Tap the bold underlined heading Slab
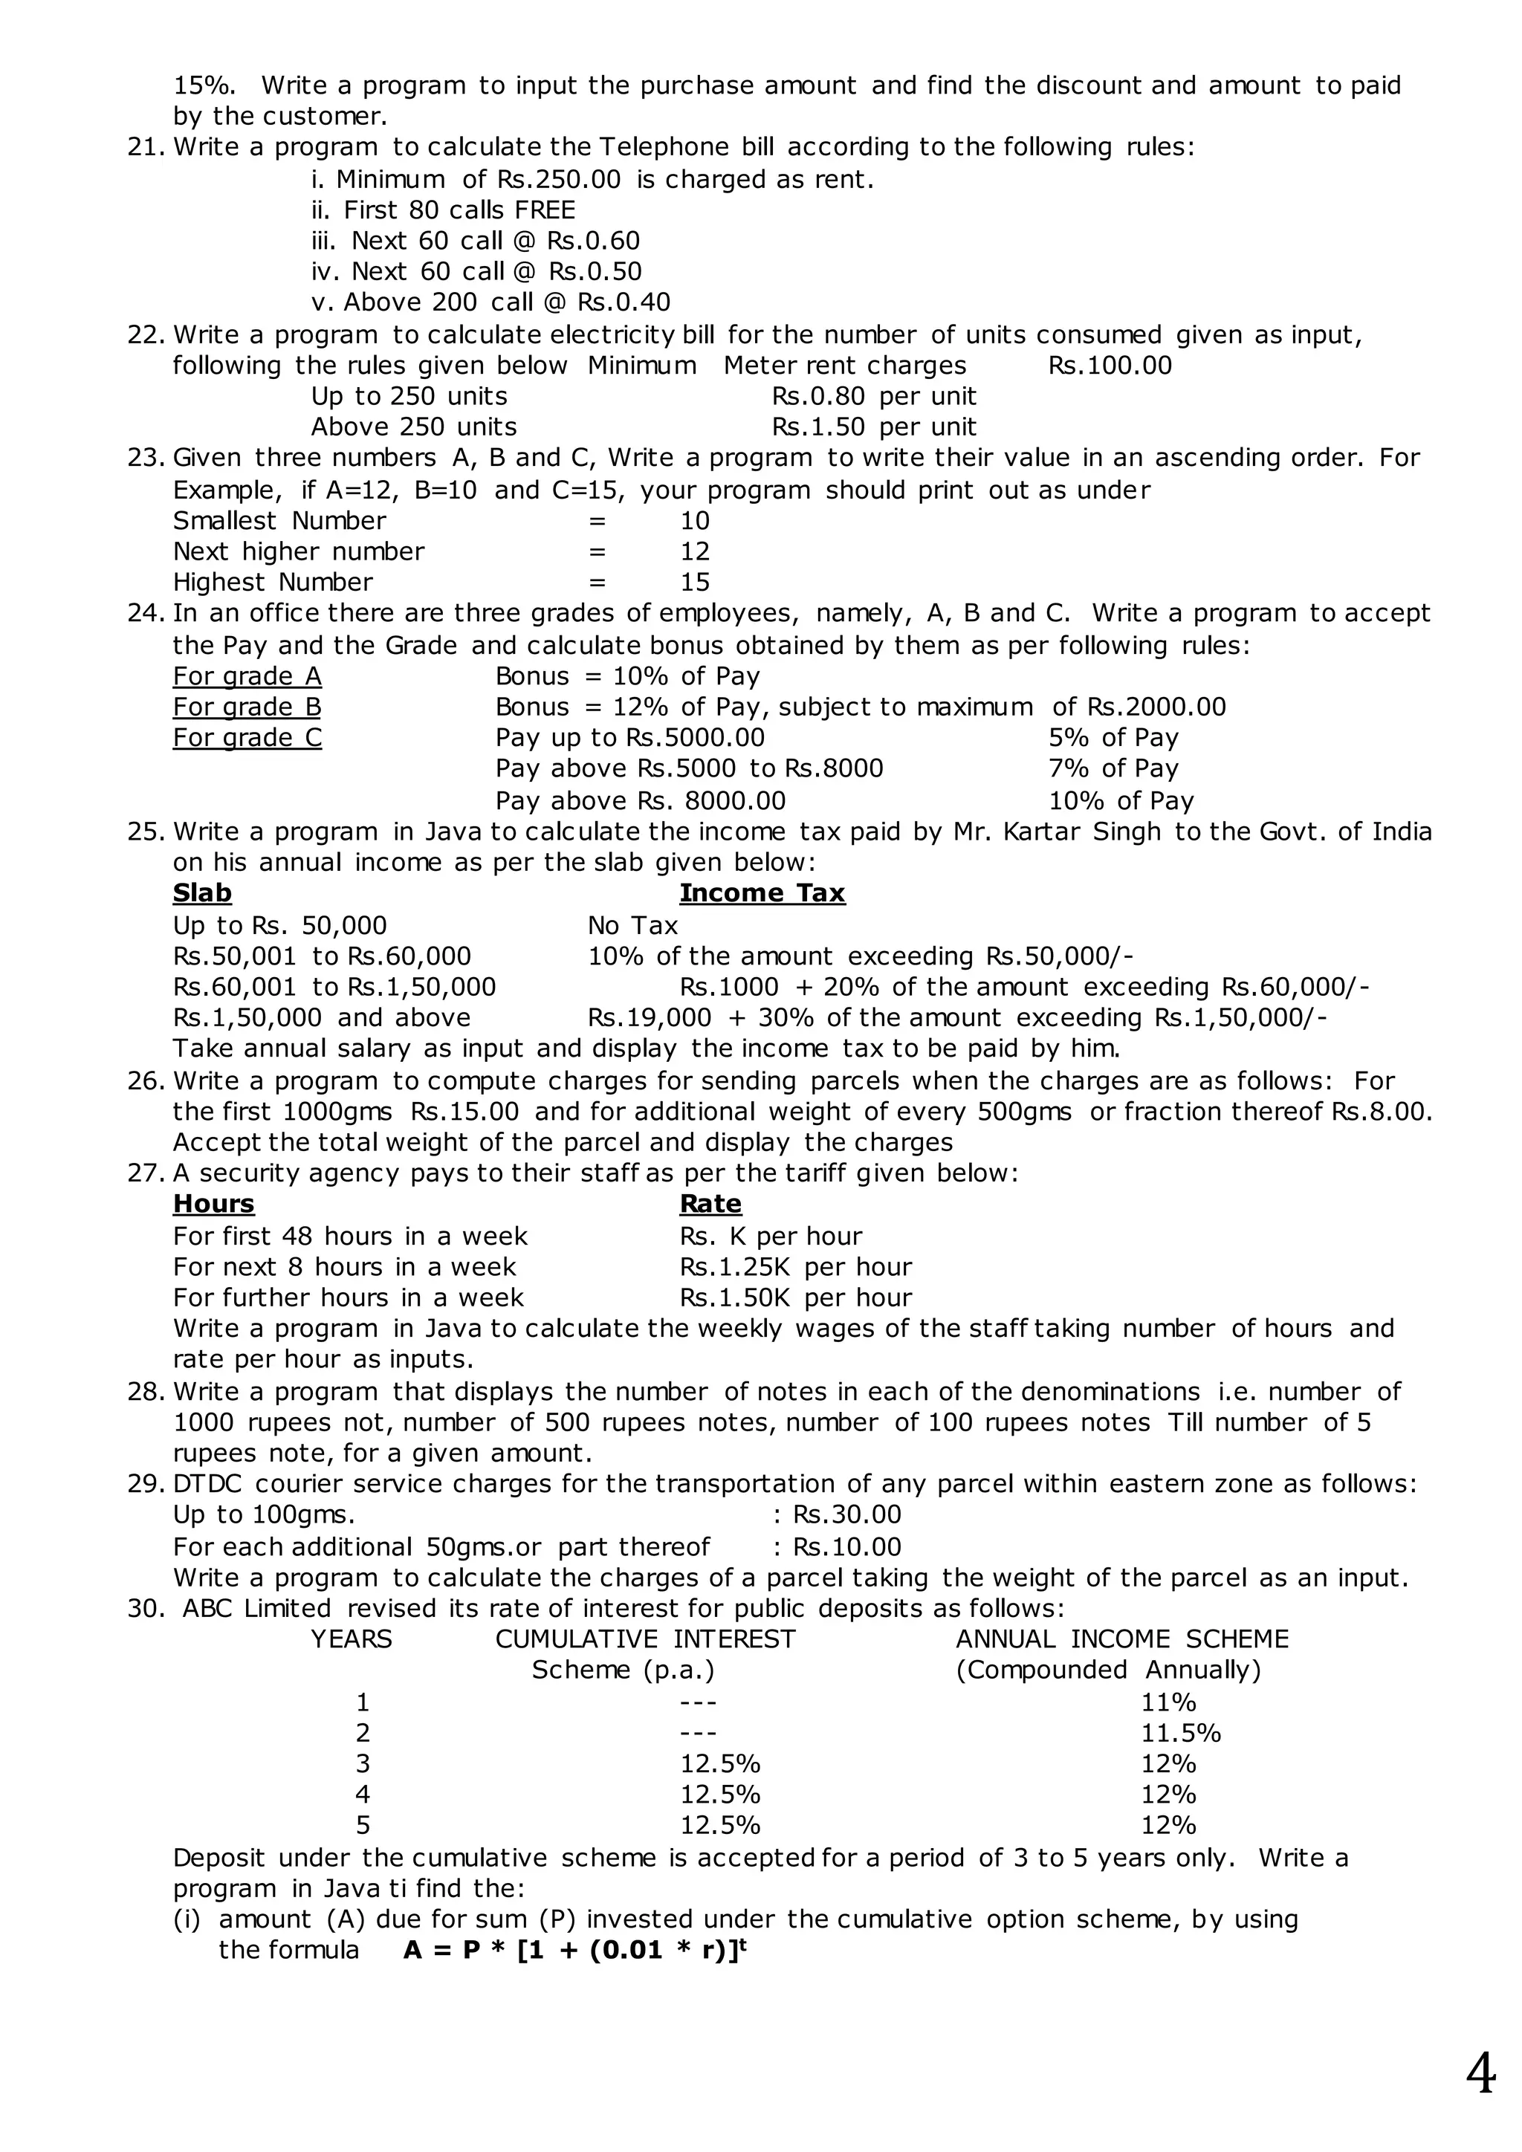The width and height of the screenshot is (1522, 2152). coord(201,893)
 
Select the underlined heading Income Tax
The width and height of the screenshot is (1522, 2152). coord(762,893)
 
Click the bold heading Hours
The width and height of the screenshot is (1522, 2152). coord(214,1205)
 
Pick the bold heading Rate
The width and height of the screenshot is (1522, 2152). coord(710,1205)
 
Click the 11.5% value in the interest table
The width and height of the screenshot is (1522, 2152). coord(1181,1733)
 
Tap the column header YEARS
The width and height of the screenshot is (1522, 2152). coord(352,1639)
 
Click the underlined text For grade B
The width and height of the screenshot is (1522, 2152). coord(247,707)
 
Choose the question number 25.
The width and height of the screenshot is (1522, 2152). coord(145,832)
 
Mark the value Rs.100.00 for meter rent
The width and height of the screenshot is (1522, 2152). coord(1110,366)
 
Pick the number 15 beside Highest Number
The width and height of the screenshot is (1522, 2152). coord(694,583)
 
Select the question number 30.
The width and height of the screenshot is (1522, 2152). coord(145,1610)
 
